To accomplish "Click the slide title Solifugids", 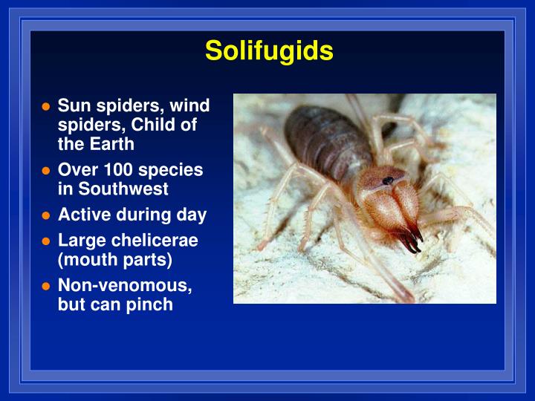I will coord(269,50).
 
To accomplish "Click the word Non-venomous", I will coord(124,286).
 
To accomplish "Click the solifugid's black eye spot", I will coord(388,180).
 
